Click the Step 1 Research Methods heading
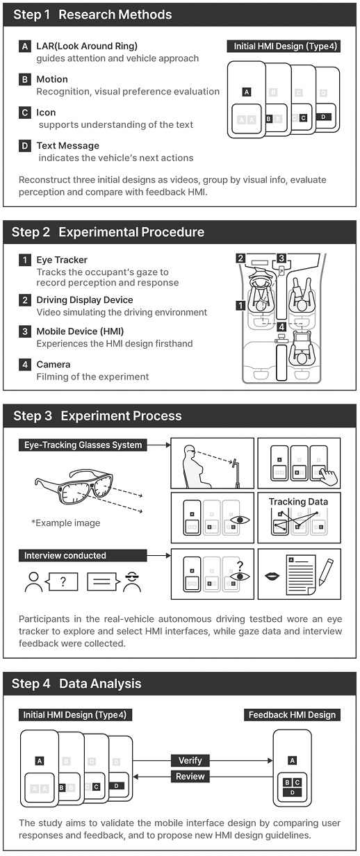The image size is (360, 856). pos(92,15)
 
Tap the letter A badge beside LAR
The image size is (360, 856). pos(25,47)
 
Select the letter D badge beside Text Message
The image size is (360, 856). pos(25,146)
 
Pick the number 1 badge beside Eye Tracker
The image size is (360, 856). pos(25,260)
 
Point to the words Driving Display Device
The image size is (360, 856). pos(85,300)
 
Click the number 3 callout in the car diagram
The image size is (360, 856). pos(281,258)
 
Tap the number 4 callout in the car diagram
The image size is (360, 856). pos(281,327)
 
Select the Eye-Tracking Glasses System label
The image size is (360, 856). pos(83,445)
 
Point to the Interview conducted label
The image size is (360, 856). pos(83,556)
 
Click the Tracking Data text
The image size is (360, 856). pos(298,502)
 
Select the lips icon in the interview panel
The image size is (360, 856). pos(272,576)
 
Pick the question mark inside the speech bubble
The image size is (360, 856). pos(63,582)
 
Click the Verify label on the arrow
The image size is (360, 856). pos(190,760)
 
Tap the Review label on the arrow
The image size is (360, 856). pos(190,777)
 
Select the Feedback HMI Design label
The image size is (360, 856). pos(292,715)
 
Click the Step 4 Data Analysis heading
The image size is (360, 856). pos(76,684)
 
